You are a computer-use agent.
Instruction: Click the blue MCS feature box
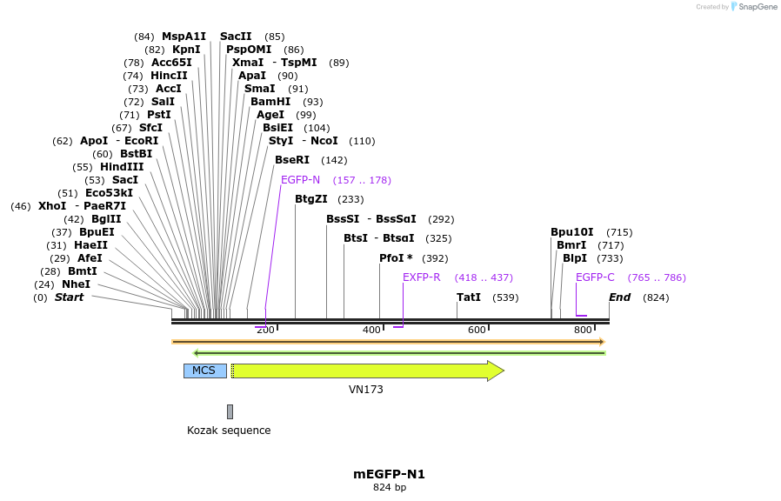click(x=204, y=371)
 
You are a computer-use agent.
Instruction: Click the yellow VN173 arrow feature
click(x=365, y=371)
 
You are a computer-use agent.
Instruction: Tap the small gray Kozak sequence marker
click(x=230, y=411)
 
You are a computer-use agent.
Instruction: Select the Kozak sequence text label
click(x=229, y=431)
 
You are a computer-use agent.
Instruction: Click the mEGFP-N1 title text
click(x=389, y=474)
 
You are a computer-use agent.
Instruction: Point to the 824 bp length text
click(x=389, y=488)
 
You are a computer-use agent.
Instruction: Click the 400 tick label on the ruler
click(x=371, y=330)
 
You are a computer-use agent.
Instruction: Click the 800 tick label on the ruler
click(x=583, y=330)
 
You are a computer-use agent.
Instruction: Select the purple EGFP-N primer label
click(x=300, y=180)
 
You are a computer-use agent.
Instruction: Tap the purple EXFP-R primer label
click(x=421, y=277)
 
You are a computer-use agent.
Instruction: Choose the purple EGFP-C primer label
click(x=595, y=277)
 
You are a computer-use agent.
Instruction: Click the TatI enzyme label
click(x=468, y=297)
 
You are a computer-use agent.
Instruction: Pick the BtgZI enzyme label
click(x=310, y=199)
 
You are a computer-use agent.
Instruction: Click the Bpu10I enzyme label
click(x=571, y=232)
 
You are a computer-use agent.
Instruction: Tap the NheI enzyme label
click(x=76, y=284)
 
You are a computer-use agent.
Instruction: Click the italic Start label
click(x=69, y=297)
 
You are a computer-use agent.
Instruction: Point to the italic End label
click(x=619, y=297)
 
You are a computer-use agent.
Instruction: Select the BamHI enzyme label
click(x=270, y=102)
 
